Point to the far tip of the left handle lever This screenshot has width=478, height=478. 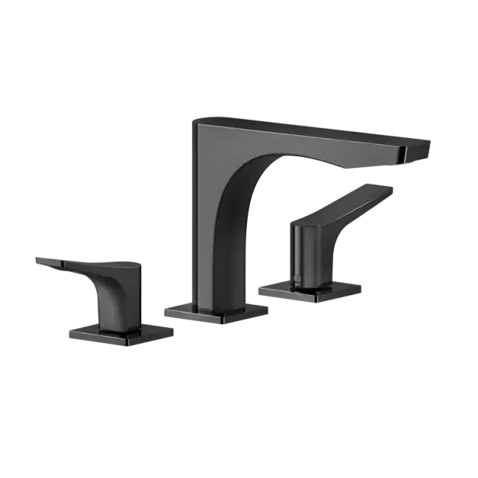pos(36,259)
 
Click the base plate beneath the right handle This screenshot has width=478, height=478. pos(310,291)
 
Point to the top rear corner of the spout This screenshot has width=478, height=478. pos(196,119)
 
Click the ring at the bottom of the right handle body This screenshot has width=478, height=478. pos(306,282)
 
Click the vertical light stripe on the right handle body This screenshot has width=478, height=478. pos(296,254)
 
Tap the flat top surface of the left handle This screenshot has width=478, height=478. pos(97,263)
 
